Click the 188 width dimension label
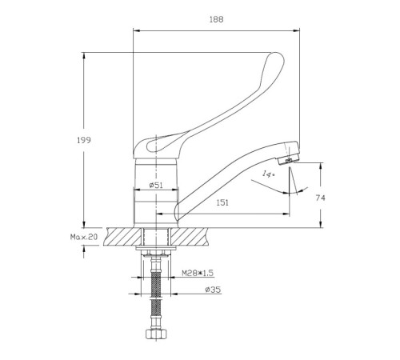216,19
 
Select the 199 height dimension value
84,140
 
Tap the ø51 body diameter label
156,185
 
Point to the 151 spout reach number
222,202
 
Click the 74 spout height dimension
320,198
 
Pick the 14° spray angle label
268,174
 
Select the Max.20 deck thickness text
84,237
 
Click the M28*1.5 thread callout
198,273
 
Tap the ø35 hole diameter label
213,290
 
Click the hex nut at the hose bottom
157,334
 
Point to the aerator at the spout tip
288,160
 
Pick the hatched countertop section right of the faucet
190,237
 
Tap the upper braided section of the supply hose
155,284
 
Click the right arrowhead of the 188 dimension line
296,30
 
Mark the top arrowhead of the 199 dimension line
84,56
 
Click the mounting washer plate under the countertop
156,249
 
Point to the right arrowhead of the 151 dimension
286,214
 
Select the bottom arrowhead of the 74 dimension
321,225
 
